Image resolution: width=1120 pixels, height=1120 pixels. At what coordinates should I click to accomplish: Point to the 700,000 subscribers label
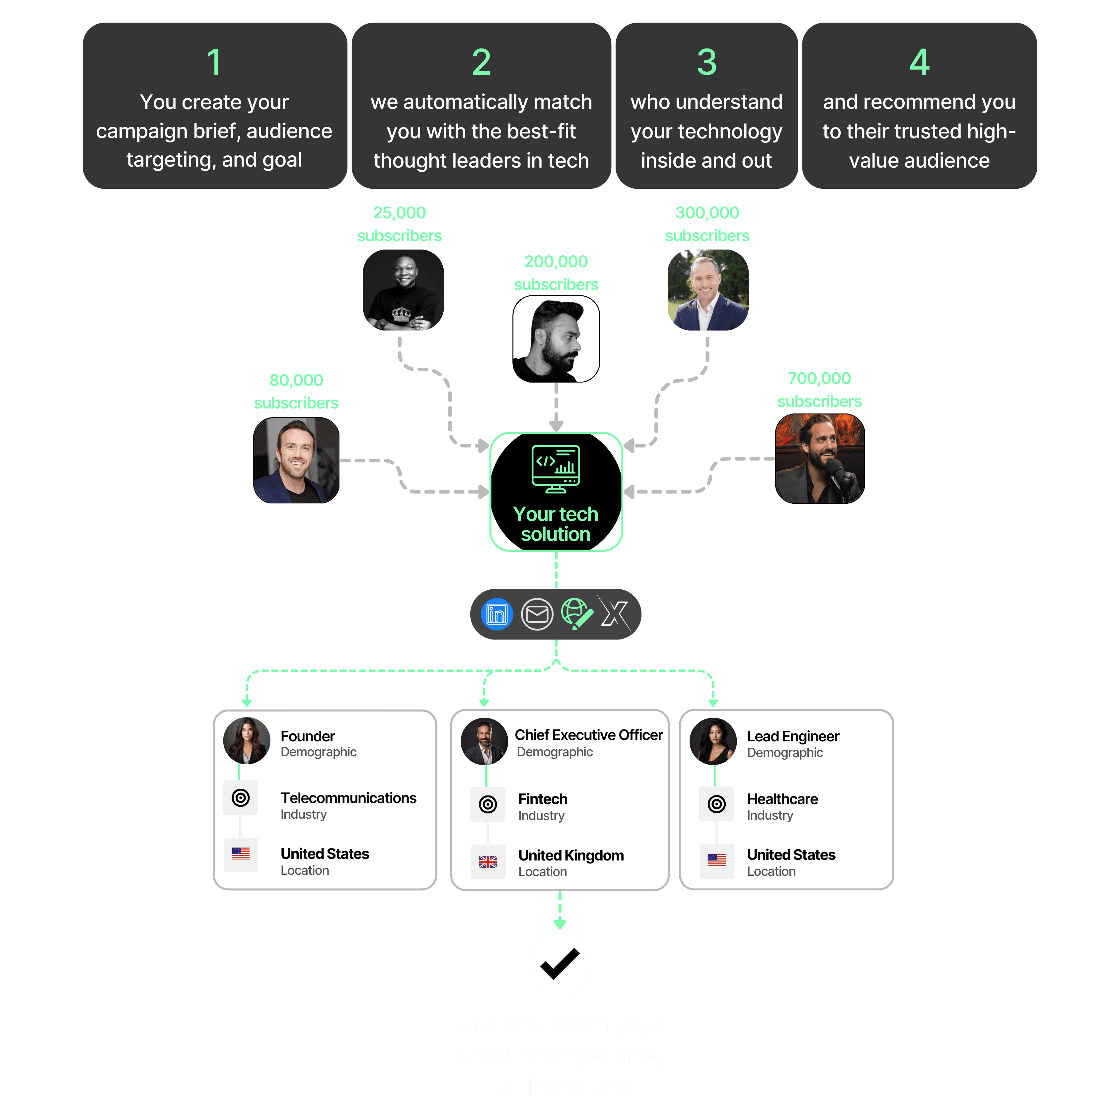pos(819,390)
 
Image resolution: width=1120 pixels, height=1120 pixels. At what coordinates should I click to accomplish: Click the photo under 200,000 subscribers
pos(556,339)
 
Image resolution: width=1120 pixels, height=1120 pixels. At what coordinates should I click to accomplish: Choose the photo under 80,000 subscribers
pos(296,460)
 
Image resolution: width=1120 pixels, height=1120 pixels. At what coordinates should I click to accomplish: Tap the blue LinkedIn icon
pos(497,614)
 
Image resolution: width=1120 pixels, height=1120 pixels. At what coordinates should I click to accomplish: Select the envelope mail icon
pos(537,614)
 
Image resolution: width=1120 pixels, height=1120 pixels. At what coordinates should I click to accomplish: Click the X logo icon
pos(615,614)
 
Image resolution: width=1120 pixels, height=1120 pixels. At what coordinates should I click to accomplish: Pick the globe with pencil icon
pos(576,614)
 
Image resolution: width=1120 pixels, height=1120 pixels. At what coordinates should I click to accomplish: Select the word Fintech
pos(543,799)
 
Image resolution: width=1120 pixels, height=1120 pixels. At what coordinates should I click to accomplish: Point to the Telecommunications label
pos(348,798)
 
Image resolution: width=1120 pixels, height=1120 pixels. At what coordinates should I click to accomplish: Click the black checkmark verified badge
pos(560,963)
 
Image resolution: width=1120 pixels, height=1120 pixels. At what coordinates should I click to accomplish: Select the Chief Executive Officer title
pos(588,735)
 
